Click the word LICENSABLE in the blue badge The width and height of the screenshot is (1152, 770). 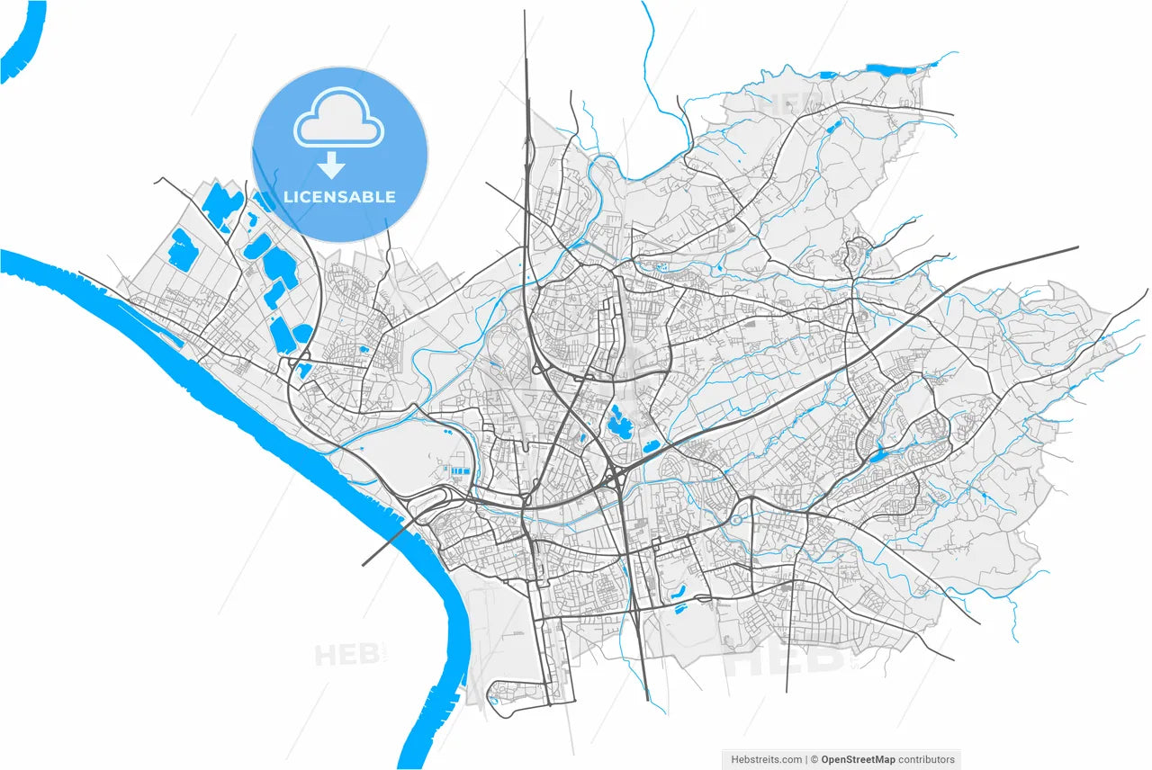(339, 197)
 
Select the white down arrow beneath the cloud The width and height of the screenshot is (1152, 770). (333, 165)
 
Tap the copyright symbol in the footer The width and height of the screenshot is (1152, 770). (814, 760)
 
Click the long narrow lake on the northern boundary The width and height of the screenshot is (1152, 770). (889, 67)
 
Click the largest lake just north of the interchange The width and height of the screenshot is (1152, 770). (619, 421)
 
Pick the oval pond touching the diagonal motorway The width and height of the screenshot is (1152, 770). (652, 446)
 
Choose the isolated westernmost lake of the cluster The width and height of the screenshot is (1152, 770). (180, 249)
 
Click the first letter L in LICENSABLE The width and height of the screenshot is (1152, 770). (288, 197)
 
